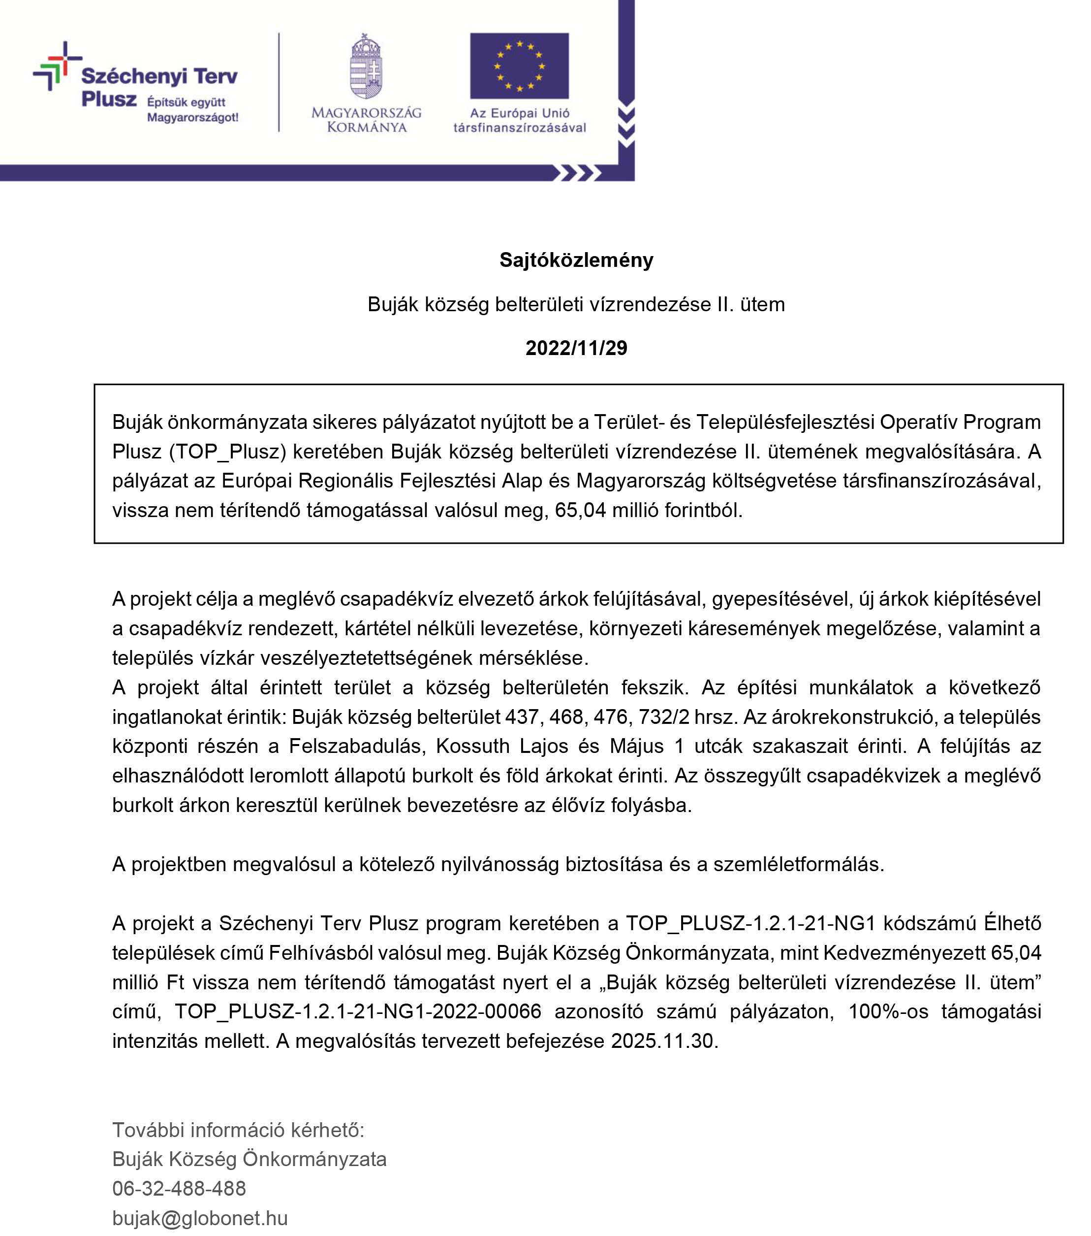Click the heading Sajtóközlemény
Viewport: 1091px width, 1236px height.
click(x=576, y=260)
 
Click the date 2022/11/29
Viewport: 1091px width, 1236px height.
click(x=576, y=348)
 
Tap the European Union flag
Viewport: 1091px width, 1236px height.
click(x=519, y=66)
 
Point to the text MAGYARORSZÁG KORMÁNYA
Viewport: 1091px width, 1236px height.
click(x=366, y=120)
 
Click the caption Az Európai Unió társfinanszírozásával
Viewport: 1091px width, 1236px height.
click(x=519, y=120)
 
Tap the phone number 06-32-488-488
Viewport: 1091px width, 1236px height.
click(x=179, y=1188)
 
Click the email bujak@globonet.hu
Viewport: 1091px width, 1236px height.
click(x=200, y=1218)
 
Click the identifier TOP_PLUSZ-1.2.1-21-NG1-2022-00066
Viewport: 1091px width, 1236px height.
click(x=358, y=1011)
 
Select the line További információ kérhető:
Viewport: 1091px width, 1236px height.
click(x=238, y=1130)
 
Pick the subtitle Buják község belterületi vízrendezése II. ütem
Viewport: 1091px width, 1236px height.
click(x=576, y=304)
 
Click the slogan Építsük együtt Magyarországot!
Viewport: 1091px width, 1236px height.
click(x=192, y=110)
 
